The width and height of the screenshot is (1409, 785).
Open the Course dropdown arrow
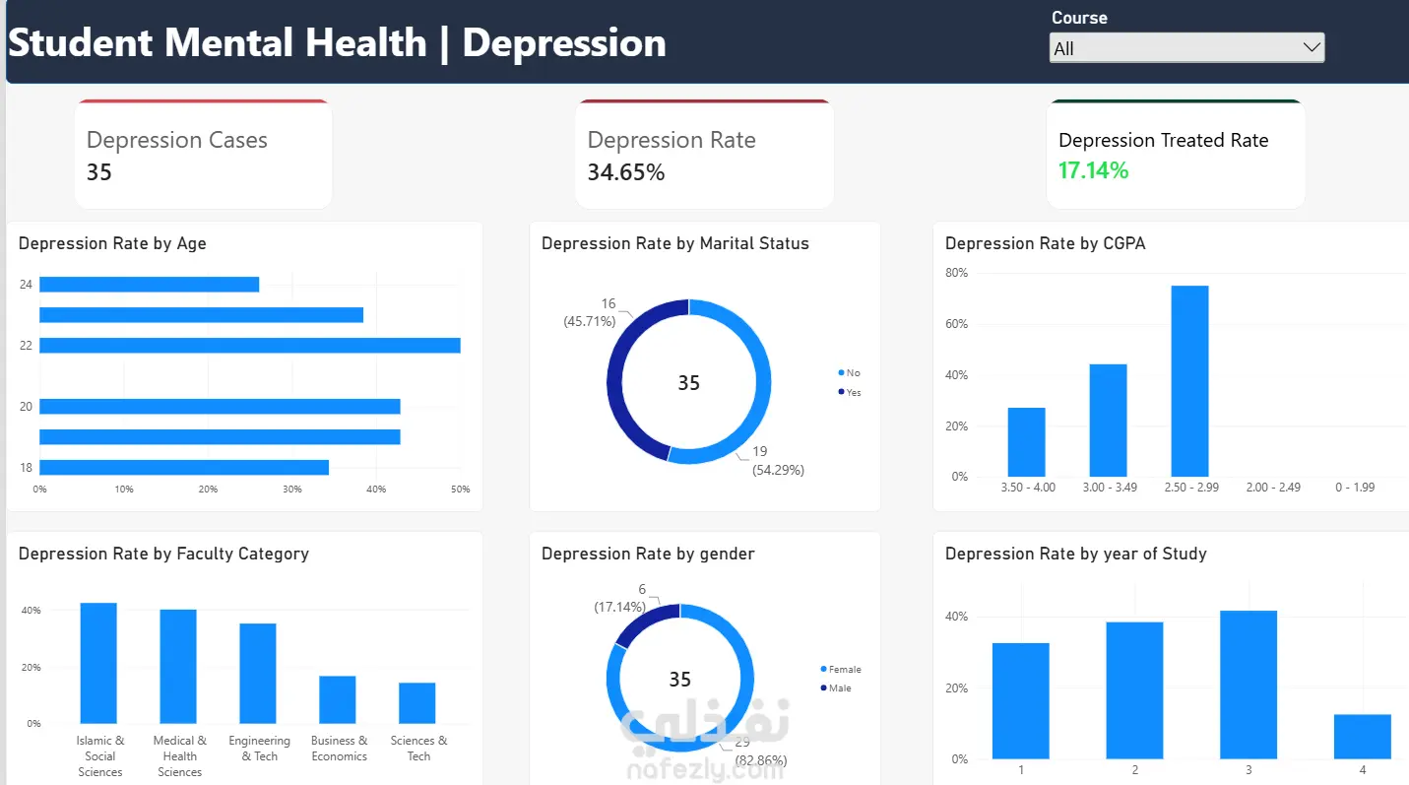(x=1312, y=48)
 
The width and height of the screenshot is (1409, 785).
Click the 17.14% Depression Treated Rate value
(x=1093, y=170)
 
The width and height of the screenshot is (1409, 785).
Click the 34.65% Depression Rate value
(x=626, y=172)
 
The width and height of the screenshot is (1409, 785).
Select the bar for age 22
(x=250, y=346)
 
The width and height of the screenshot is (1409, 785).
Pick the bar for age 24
(x=149, y=285)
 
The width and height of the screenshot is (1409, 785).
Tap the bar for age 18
(x=184, y=467)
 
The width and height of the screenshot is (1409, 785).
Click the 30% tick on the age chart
(x=291, y=489)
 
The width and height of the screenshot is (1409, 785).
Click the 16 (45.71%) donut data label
(x=590, y=312)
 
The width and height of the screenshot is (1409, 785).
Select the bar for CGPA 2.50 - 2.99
(x=1189, y=381)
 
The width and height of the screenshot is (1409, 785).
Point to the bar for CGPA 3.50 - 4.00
(x=1027, y=442)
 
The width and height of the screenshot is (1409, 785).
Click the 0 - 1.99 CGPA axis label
(x=1355, y=488)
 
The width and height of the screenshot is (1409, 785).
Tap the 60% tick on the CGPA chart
(x=956, y=324)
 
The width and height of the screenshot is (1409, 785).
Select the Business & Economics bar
(x=338, y=699)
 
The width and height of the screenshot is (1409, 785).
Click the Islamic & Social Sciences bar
(x=98, y=663)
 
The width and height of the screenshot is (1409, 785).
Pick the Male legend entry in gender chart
(x=836, y=688)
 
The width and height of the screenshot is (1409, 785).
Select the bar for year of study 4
(x=1363, y=737)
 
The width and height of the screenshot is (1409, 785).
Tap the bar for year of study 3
(x=1249, y=685)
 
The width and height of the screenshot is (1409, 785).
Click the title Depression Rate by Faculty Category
(x=163, y=555)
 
